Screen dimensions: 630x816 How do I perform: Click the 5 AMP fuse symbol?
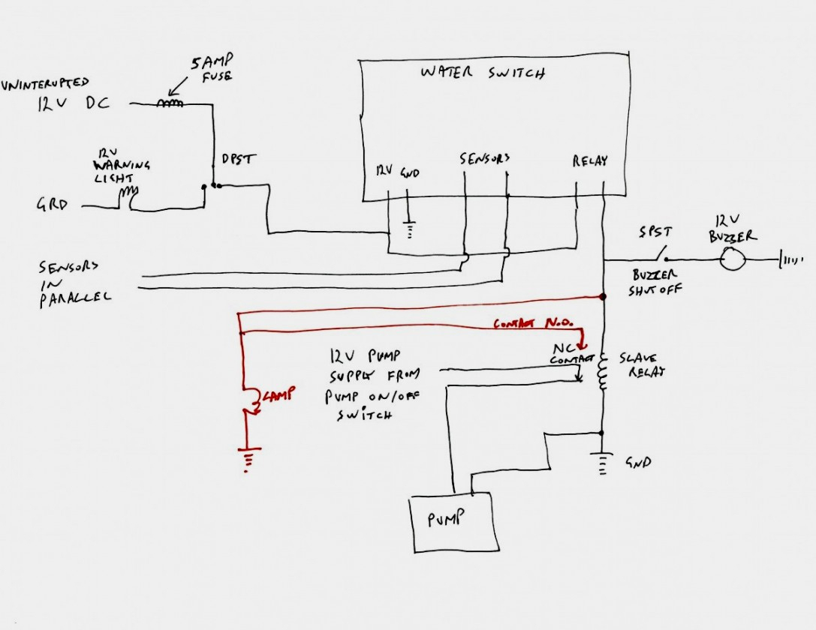click(x=170, y=104)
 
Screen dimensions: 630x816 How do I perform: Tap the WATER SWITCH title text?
click(x=482, y=73)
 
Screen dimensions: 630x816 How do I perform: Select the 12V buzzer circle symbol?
click(x=732, y=260)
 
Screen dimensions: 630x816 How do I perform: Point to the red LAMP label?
click(x=276, y=394)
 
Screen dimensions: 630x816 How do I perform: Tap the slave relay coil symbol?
click(x=602, y=372)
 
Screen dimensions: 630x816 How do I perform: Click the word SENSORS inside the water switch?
click(x=485, y=159)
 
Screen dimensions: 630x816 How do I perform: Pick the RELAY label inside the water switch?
click(x=589, y=160)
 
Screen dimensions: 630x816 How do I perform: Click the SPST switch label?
click(x=655, y=233)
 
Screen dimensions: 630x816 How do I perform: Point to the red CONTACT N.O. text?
click(x=533, y=323)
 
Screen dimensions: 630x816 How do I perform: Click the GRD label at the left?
click(x=53, y=202)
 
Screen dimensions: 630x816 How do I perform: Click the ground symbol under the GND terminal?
click(x=410, y=229)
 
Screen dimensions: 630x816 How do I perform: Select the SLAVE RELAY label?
click(x=642, y=365)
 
